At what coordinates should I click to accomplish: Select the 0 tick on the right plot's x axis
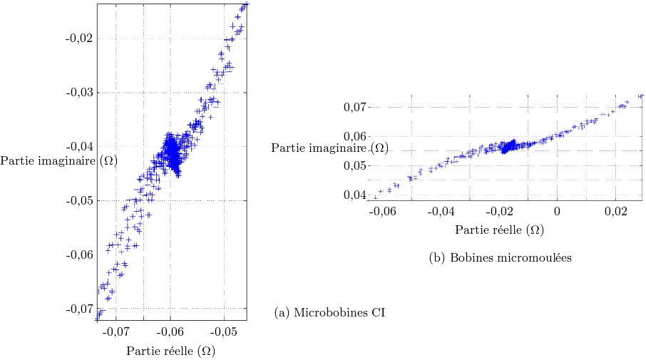tap(558, 212)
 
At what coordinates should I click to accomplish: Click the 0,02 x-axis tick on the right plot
tap(615, 212)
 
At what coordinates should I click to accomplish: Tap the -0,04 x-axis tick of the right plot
tap(441, 212)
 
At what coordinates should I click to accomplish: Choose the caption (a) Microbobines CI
tap(329, 312)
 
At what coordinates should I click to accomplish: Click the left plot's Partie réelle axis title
tap(170, 351)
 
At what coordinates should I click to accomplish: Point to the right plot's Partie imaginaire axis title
tap(330, 148)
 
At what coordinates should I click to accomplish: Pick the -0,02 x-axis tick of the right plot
tap(499, 212)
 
